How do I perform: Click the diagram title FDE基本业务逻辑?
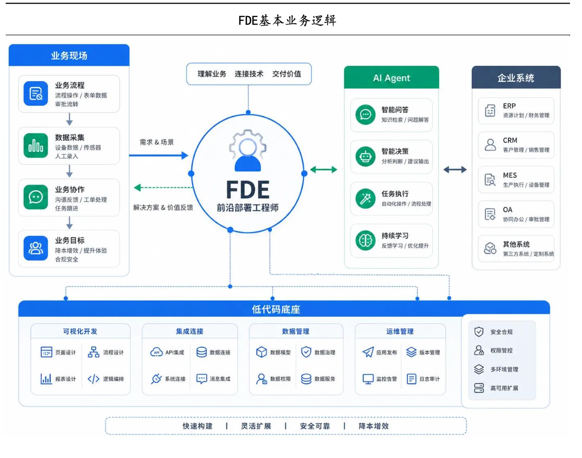(x=287, y=21)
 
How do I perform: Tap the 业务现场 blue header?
(x=69, y=55)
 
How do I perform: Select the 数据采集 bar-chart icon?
(x=36, y=146)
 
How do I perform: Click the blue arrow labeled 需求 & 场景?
(x=158, y=155)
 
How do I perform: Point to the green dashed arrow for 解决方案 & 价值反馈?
(x=163, y=187)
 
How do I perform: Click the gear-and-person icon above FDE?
(x=247, y=150)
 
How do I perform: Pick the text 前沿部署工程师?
(x=247, y=207)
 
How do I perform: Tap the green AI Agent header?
(x=392, y=78)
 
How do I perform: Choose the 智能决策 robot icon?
(x=365, y=156)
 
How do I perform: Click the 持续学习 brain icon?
(x=365, y=241)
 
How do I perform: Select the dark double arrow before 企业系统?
(x=455, y=170)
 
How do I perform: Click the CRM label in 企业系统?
(x=510, y=140)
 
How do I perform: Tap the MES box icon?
(x=490, y=180)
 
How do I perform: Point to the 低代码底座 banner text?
(x=276, y=309)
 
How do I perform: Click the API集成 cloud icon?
(x=156, y=352)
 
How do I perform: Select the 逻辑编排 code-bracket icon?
(x=93, y=379)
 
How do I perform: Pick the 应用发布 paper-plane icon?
(x=368, y=352)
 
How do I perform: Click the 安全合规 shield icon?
(x=479, y=331)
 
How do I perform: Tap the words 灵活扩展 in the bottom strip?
(x=256, y=426)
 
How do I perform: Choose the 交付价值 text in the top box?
(x=286, y=74)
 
